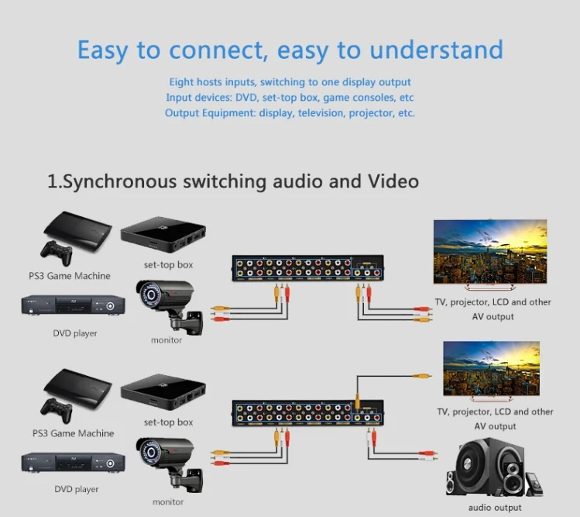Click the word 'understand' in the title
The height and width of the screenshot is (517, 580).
pos(436,51)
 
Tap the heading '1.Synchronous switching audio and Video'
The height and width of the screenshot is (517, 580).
pos(233,181)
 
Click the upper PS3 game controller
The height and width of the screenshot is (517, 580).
pos(57,253)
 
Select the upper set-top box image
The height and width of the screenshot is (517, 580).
pos(164,236)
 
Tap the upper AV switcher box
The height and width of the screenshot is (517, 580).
pos(309,268)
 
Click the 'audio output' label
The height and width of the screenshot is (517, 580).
pos(495,508)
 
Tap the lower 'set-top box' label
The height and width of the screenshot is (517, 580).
pos(168,422)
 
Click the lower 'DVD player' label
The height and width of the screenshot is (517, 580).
pos(76,489)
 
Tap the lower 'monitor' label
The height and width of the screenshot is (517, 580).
pos(167,501)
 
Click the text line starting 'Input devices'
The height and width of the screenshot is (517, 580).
pos(290,98)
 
